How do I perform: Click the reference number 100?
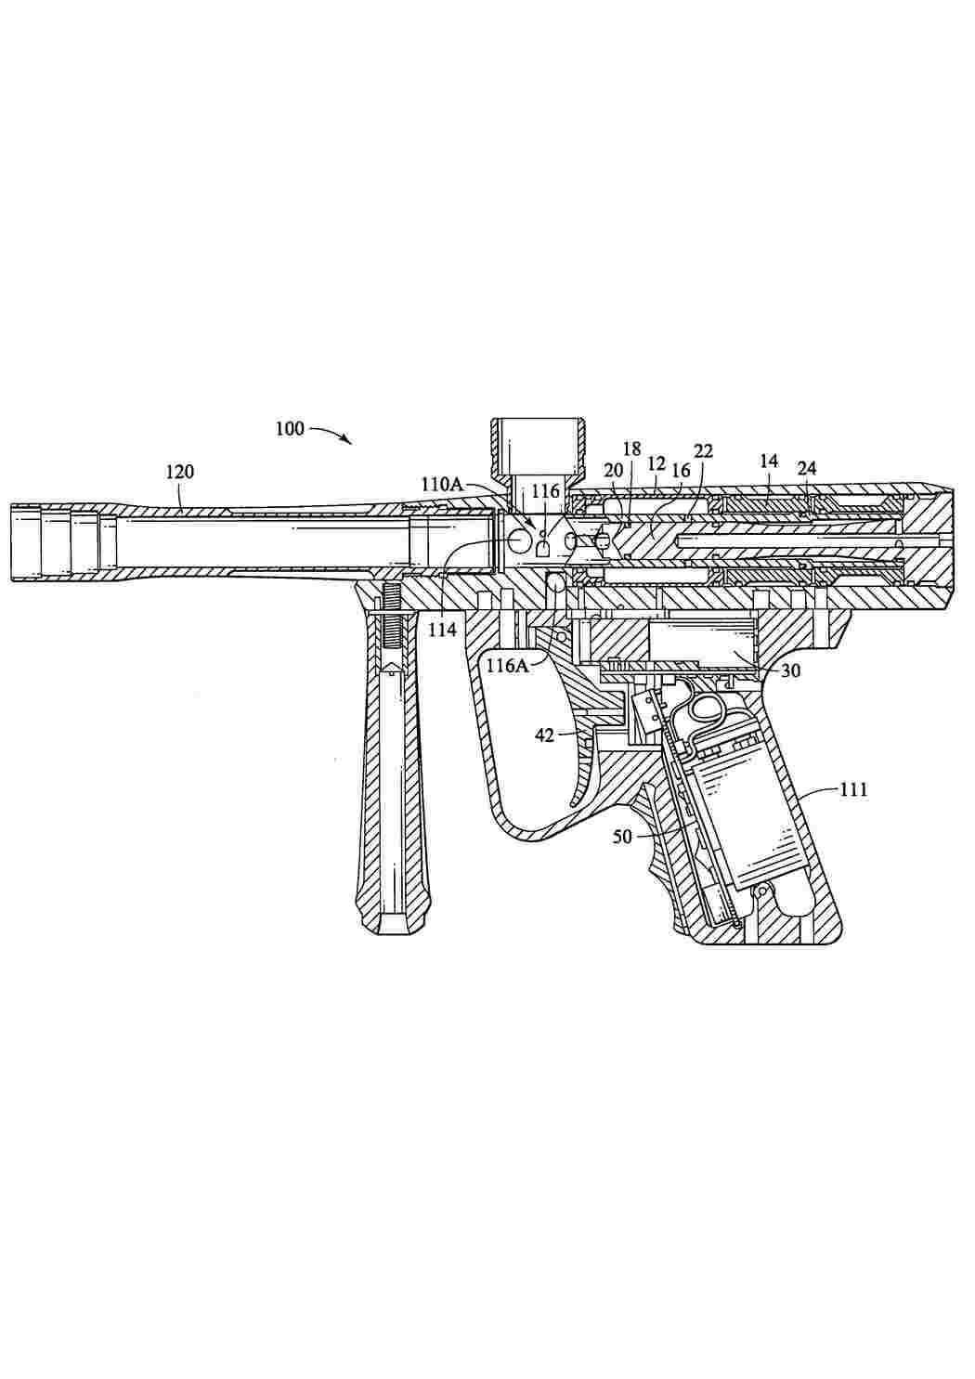pos(290,428)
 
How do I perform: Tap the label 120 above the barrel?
pos(180,472)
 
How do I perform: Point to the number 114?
pos(443,630)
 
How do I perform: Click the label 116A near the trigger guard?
pos(508,665)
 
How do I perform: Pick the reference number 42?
pos(545,735)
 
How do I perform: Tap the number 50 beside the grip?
pos(622,838)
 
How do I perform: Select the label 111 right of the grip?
pos(853,789)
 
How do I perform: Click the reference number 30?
pos(790,671)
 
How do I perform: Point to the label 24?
pos(807,469)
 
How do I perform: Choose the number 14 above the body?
pos(769,462)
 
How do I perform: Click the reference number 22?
pos(703,451)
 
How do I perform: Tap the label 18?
pos(631,449)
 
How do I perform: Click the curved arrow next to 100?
pos(331,433)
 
